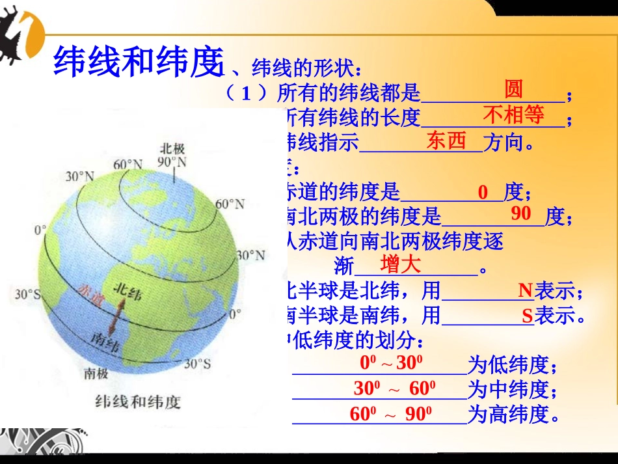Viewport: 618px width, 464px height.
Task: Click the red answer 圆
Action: (513, 89)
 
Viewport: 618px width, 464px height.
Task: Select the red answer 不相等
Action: (513, 115)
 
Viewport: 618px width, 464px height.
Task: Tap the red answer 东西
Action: (446, 141)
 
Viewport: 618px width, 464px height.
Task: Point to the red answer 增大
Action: (401, 264)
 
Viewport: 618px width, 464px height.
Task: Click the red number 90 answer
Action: (521, 213)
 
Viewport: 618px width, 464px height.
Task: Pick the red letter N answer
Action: (525, 290)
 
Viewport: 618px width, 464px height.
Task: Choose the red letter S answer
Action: (527, 317)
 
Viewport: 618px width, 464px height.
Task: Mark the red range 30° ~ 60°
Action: (395, 389)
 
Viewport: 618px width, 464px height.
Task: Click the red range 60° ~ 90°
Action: (392, 414)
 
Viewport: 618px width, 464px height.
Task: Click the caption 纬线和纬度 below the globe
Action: (137, 402)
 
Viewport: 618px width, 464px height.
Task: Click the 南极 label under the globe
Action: (96, 373)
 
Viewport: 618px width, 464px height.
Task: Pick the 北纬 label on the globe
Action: (126, 291)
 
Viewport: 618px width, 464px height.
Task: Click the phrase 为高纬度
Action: (514, 415)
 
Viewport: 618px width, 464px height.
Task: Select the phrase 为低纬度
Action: (513, 364)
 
